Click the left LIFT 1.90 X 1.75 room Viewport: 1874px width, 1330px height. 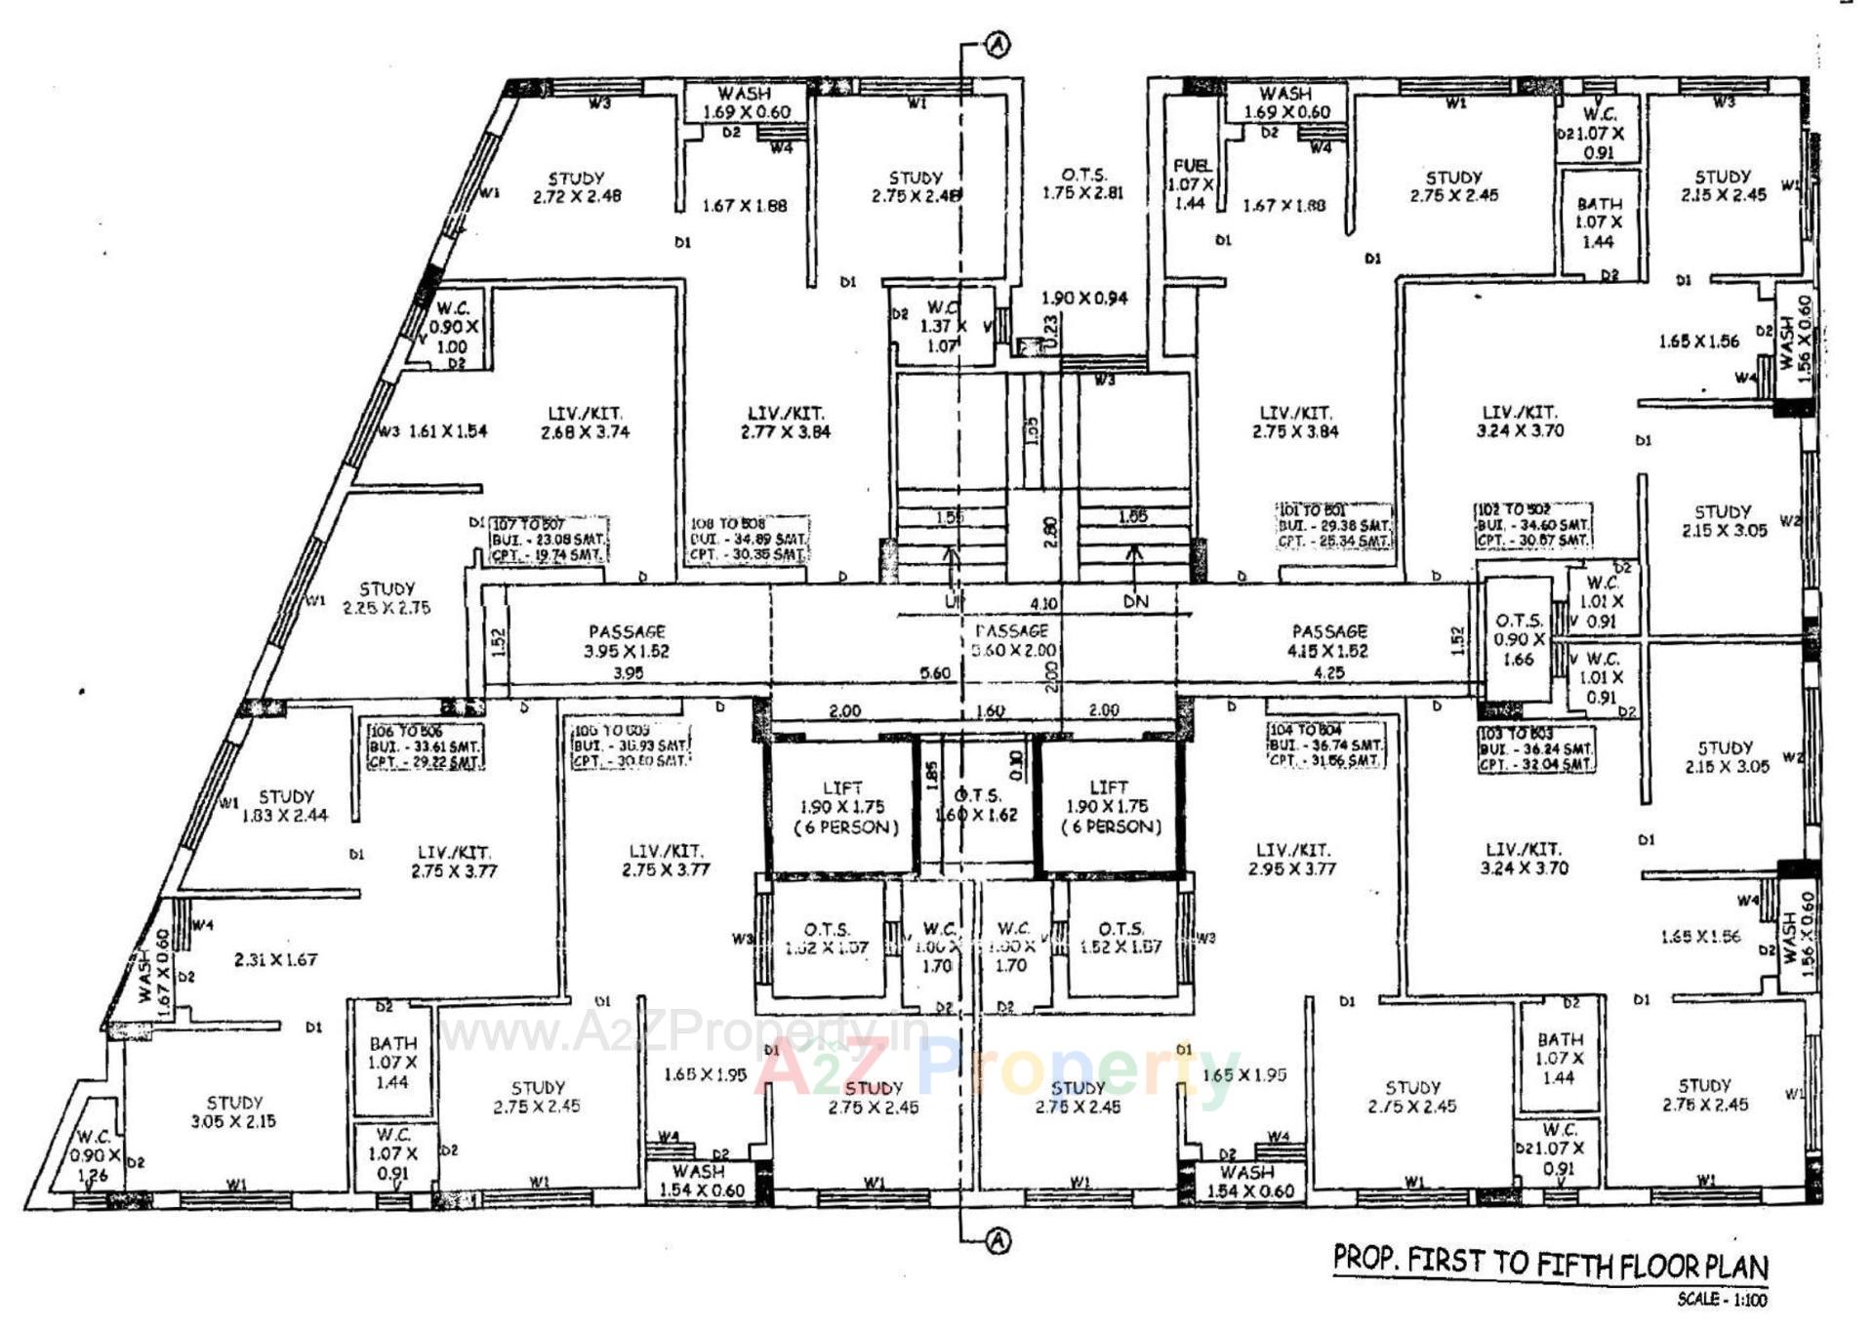(x=842, y=807)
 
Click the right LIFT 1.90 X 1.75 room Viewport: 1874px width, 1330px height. (x=1110, y=807)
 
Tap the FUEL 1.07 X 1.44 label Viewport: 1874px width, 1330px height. (x=1191, y=183)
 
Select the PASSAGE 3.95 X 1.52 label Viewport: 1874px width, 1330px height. (x=627, y=641)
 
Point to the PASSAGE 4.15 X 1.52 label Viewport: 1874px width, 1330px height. (x=1328, y=641)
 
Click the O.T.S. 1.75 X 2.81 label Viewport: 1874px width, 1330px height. (x=1082, y=183)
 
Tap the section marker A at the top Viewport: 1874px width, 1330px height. (x=998, y=45)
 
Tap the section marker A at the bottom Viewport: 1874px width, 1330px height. (x=998, y=1241)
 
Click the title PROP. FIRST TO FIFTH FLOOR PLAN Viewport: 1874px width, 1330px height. (x=1550, y=1263)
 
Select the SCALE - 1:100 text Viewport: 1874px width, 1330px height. (x=1722, y=1300)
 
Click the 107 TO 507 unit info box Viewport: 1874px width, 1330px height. (x=549, y=540)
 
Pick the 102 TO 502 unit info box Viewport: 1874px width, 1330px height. (x=1532, y=525)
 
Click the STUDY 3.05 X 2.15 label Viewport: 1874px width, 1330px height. (x=233, y=1111)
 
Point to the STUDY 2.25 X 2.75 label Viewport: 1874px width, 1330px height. (x=387, y=598)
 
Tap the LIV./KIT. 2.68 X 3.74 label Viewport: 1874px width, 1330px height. (x=585, y=423)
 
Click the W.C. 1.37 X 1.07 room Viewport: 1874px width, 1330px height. (x=941, y=327)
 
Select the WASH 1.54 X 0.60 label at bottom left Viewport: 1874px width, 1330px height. (x=700, y=1180)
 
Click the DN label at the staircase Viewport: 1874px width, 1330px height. (x=1135, y=601)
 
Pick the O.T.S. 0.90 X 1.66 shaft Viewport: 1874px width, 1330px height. (x=1519, y=639)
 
